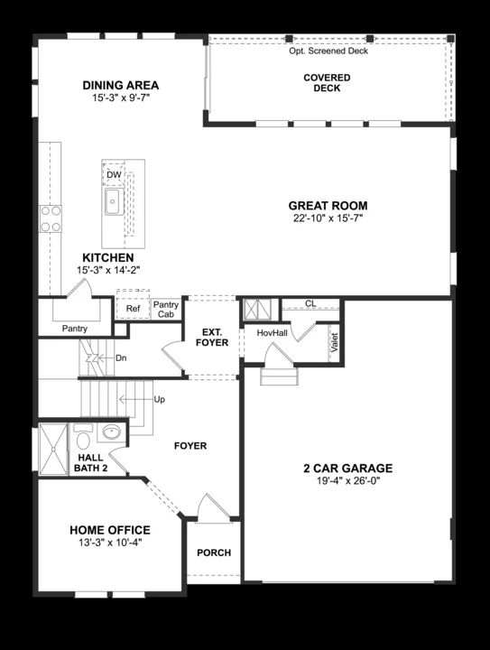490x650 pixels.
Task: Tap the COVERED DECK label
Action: (x=326, y=83)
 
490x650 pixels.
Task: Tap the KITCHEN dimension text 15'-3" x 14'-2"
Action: (x=108, y=269)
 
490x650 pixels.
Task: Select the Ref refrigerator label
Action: (x=133, y=309)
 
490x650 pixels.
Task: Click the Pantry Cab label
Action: (x=166, y=310)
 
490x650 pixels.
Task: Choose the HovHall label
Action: (x=271, y=333)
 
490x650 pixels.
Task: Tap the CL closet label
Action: (x=310, y=304)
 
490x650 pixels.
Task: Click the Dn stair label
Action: (x=122, y=357)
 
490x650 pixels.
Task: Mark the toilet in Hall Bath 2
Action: (x=80, y=441)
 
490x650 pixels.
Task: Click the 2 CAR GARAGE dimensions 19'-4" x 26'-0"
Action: (x=347, y=481)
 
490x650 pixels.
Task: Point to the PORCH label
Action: (x=214, y=552)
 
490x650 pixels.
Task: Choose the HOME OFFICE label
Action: (x=110, y=530)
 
